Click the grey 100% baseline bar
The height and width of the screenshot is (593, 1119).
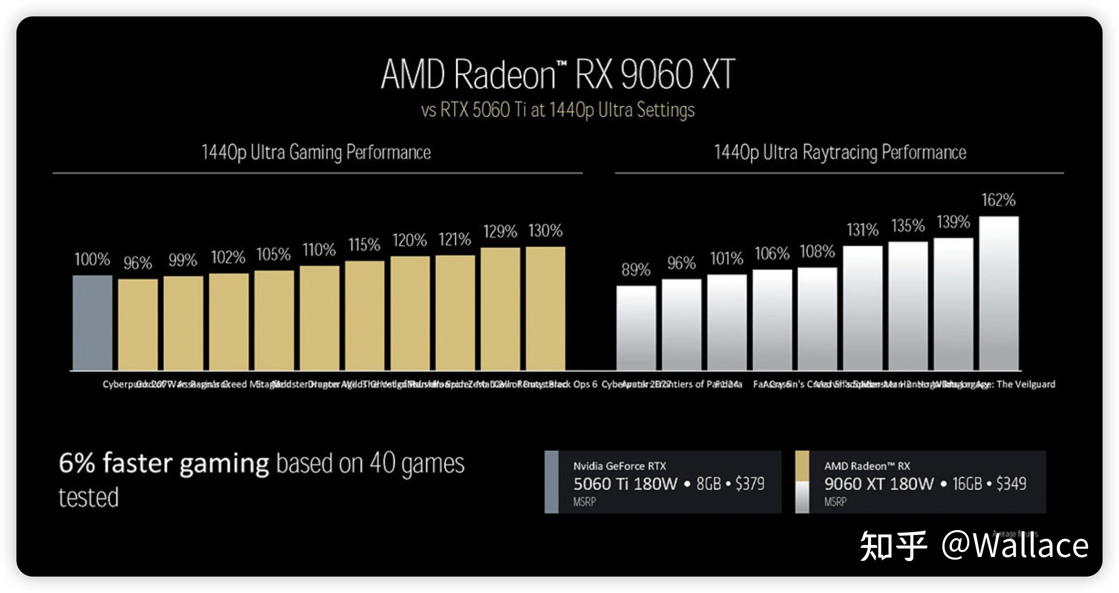click(92, 323)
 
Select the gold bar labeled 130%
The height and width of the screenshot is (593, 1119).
click(545, 308)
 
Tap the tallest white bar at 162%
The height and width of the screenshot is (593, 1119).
click(999, 293)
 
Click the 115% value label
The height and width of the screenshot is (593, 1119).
click(364, 245)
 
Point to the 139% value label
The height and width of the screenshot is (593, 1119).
click(953, 222)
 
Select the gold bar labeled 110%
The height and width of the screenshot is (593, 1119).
click(319, 318)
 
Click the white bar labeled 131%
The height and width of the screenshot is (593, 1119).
click(863, 308)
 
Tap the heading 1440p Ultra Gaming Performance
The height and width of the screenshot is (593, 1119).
click(316, 152)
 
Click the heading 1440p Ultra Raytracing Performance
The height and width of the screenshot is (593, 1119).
click(840, 152)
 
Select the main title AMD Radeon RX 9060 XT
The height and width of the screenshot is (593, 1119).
click(558, 74)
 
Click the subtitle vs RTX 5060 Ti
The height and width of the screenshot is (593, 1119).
click(558, 110)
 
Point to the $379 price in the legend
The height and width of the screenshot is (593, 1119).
click(750, 484)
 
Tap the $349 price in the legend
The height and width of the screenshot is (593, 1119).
click(1011, 484)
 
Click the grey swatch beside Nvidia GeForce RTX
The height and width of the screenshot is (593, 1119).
click(551, 482)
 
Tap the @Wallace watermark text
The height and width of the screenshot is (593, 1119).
click(1015, 546)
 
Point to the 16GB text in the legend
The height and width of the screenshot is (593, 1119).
click(967, 484)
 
